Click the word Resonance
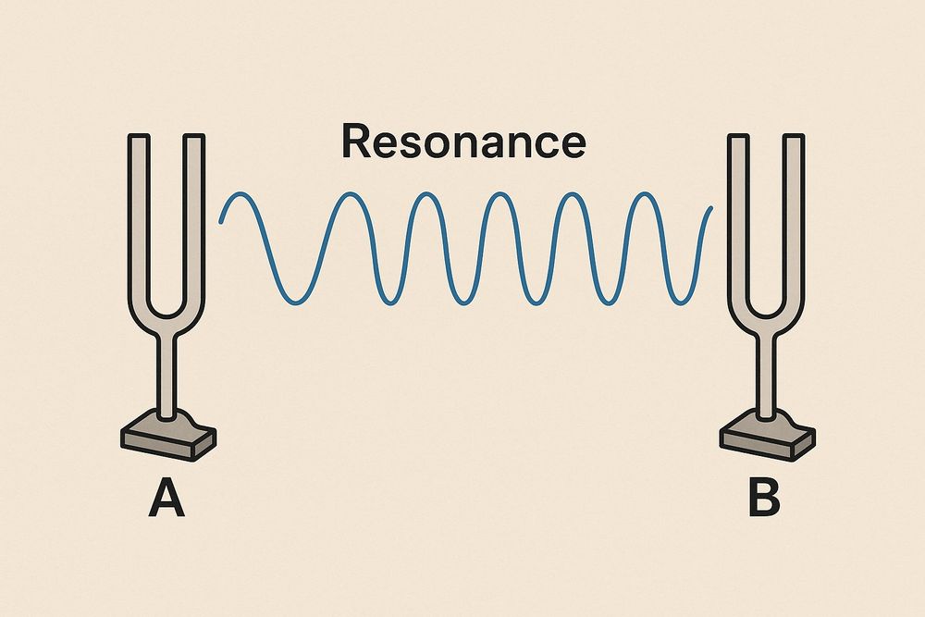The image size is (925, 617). (x=463, y=142)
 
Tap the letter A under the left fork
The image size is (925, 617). (x=166, y=498)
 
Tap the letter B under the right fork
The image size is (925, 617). (x=764, y=498)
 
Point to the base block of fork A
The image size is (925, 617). (x=168, y=436)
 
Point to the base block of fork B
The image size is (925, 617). (x=768, y=436)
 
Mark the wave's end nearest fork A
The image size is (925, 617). (x=220, y=222)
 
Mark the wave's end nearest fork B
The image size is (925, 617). (x=711, y=207)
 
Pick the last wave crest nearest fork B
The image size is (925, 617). (x=644, y=193)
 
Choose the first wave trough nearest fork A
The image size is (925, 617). (x=296, y=303)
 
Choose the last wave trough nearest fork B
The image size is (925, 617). (x=680, y=303)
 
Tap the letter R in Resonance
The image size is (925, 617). (x=356, y=142)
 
